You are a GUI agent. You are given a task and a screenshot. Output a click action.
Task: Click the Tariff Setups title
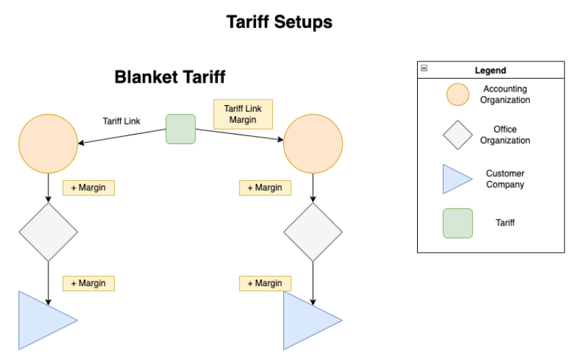coord(279,23)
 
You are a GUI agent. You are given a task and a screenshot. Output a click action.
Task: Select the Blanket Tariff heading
coord(169,77)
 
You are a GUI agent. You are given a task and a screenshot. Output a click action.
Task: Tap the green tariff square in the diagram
coord(181,129)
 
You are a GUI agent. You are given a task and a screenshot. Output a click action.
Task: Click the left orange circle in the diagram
coord(48,143)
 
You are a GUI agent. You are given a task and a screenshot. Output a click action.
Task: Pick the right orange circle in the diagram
coord(313,143)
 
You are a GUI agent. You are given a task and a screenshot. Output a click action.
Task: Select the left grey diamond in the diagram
coord(48,232)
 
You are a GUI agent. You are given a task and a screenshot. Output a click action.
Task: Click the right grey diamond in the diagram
coord(313,232)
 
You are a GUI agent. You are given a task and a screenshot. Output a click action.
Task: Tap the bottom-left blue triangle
coord(41,320)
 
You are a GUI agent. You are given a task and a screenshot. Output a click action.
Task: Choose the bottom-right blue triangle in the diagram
coord(306,321)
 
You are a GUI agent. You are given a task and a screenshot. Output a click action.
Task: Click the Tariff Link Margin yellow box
coord(243,114)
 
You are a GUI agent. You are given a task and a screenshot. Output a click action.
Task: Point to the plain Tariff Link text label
coord(121,121)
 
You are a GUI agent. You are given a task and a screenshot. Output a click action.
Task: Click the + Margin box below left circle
coord(89,188)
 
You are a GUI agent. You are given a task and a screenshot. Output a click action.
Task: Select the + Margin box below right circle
coord(265,188)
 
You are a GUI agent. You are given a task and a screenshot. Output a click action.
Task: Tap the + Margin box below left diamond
coord(89,283)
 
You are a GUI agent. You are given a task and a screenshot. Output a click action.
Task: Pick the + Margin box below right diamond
coord(265,283)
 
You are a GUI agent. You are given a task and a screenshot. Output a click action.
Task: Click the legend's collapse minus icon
coord(424,68)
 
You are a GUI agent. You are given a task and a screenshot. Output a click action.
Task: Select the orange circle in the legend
coord(457,95)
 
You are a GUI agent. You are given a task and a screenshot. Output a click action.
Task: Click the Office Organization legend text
coord(504,135)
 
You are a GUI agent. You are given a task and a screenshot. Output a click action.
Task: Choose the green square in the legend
coord(457,223)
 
